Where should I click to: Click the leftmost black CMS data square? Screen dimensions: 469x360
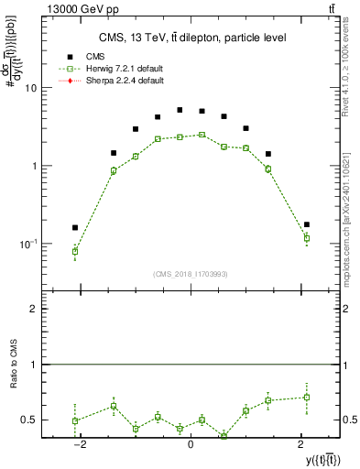(x=75, y=227)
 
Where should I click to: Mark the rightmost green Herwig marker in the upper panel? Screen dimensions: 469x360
(x=307, y=238)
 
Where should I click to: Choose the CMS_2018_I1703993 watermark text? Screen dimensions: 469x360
(x=191, y=274)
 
